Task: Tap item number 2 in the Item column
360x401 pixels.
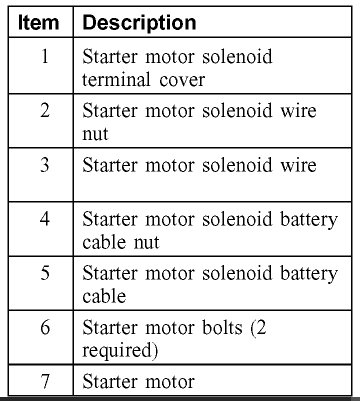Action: point(44,111)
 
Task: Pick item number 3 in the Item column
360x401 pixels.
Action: point(44,165)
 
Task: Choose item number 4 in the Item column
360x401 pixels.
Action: point(44,218)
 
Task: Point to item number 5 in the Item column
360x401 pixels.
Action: point(44,273)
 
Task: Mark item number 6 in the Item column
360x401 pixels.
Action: point(44,328)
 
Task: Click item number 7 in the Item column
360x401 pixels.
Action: point(44,381)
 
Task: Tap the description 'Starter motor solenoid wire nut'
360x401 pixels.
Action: point(190,122)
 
